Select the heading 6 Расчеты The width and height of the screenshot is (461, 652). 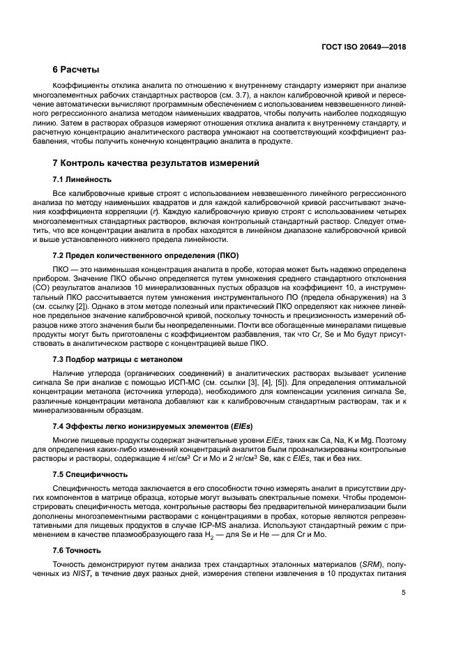pyautogui.click(x=76, y=70)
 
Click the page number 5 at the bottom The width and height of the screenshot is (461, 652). pyautogui.click(x=404, y=594)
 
